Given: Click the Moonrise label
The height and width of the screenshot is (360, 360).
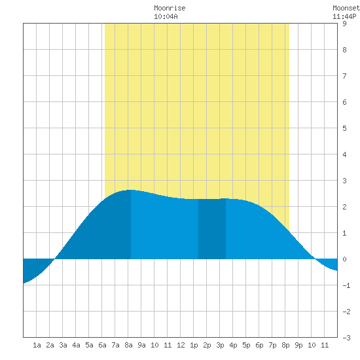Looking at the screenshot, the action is click(x=170, y=8).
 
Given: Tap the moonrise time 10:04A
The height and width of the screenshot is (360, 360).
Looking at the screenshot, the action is click(x=166, y=16).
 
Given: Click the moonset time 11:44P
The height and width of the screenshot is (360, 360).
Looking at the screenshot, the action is click(x=344, y=16).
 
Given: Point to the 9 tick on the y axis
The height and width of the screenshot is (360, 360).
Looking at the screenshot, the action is click(x=344, y=24).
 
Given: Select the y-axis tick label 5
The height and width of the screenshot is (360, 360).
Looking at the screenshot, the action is click(x=344, y=128).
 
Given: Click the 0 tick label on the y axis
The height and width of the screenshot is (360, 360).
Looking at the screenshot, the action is click(x=344, y=259).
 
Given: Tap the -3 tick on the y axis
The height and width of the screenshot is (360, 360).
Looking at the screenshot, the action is click(x=346, y=338).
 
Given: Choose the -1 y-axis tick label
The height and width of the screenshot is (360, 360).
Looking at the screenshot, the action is click(x=346, y=285).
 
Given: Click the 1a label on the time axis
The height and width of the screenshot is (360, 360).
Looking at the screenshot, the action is click(x=37, y=345).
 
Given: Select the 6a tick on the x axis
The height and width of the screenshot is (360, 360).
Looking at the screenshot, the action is click(x=102, y=345).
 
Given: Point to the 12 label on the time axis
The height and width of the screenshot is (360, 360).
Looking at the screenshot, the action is click(x=181, y=345).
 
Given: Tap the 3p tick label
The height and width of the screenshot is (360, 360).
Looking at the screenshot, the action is click(x=220, y=345).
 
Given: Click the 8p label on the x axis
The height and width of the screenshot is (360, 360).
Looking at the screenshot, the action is click(x=285, y=345).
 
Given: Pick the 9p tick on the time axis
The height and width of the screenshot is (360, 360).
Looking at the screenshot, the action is click(x=298, y=345).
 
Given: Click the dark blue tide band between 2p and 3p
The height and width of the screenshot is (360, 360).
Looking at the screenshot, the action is click(x=212, y=229).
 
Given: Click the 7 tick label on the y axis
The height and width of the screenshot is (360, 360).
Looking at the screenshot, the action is click(x=344, y=76).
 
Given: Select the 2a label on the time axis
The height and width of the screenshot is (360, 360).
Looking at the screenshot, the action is click(x=50, y=345).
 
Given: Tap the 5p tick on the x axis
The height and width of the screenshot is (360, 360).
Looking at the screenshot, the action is click(x=246, y=345).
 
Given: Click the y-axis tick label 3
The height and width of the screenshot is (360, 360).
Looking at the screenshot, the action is click(x=344, y=181).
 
